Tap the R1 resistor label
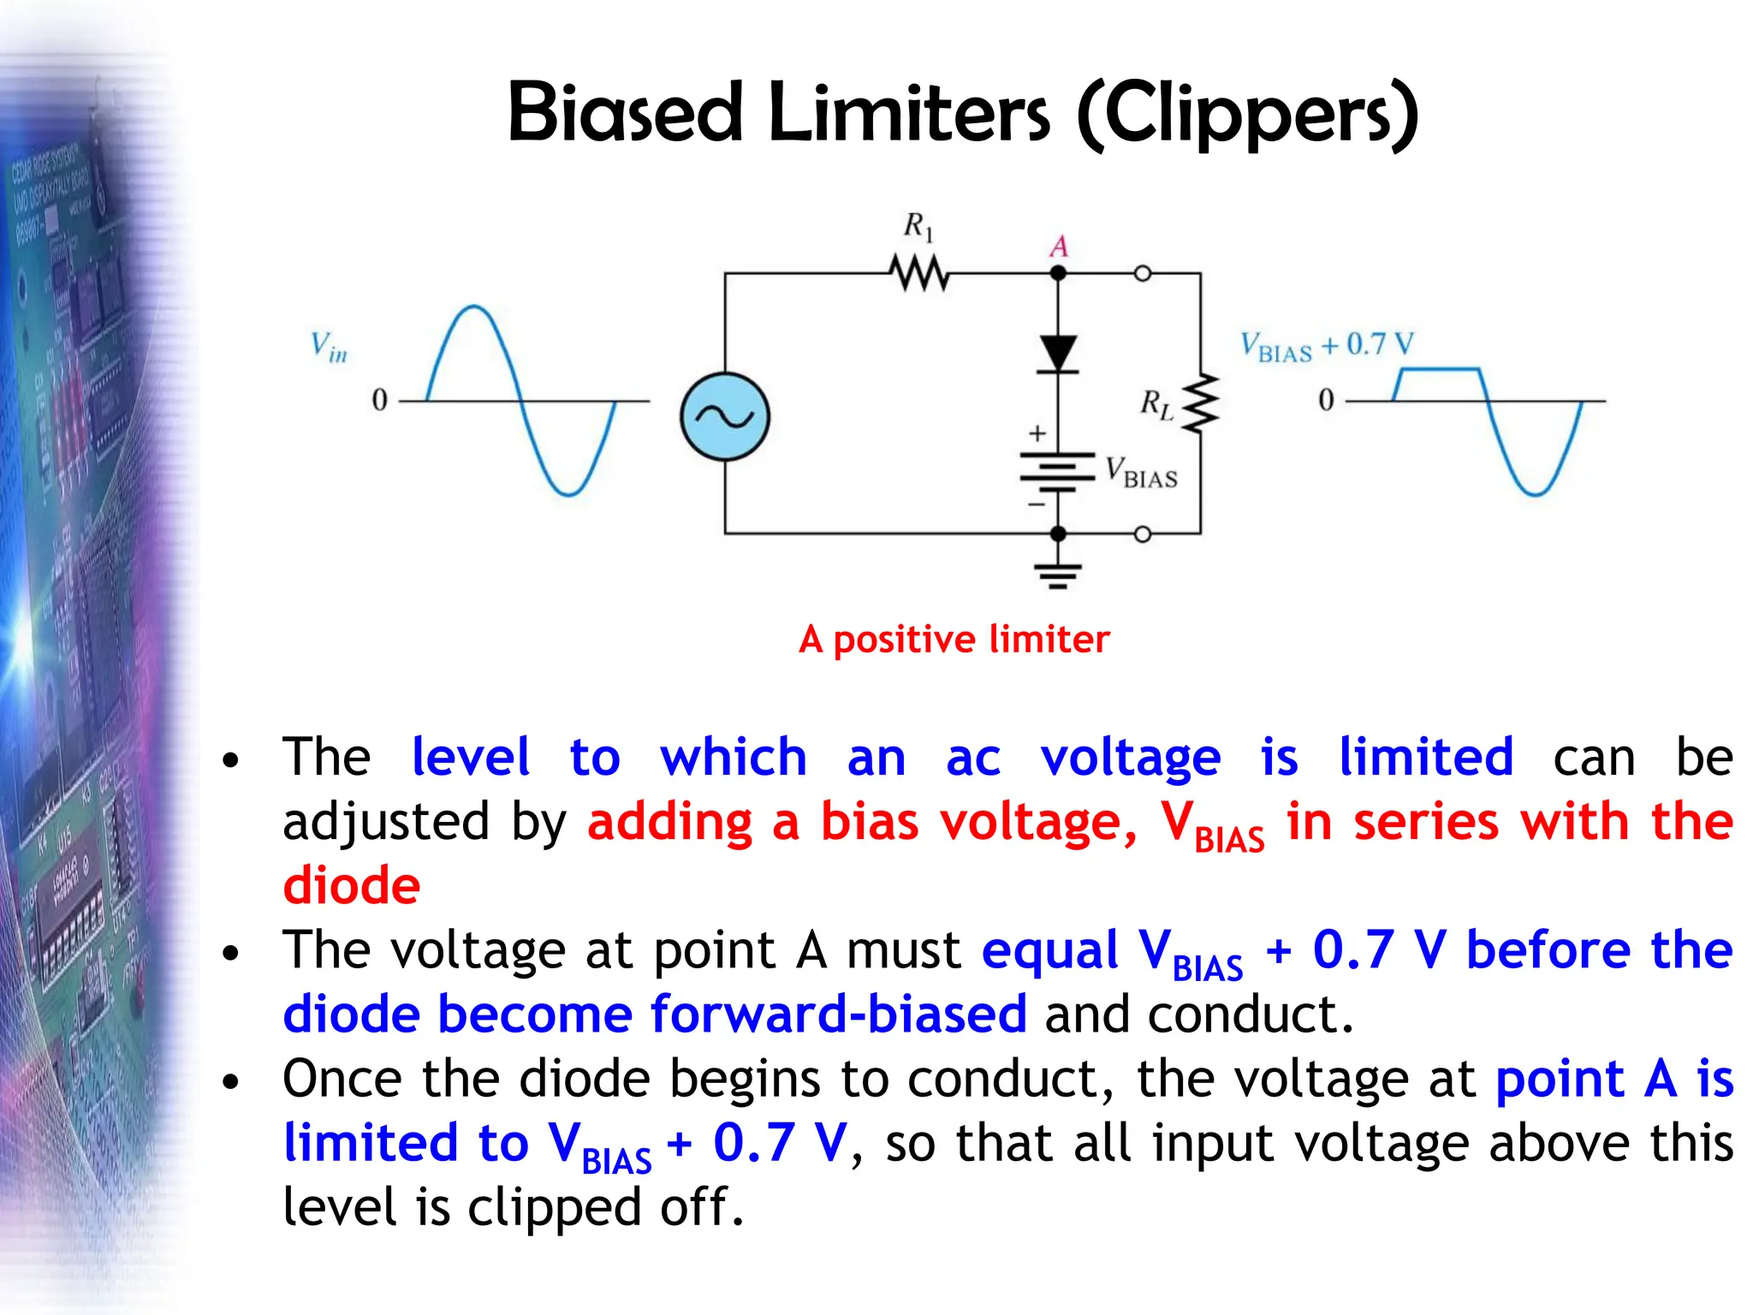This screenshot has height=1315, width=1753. pyautogui.click(x=918, y=227)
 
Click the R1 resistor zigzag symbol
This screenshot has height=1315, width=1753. pyautogui.click(x=919, y=274)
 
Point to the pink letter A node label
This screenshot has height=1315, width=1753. pyautogui.click(x=1059, y=247)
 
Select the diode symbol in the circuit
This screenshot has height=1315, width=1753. pyautogui.click(x=1058, y=353)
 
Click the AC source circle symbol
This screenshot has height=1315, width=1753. pyautogui.click(x=725, y=417)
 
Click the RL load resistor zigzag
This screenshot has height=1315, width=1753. pyautogui.click(x=1201, y=402)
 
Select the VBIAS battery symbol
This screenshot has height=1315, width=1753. pyautogui.click(x=1058, y=472)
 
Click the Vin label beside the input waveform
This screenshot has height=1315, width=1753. pyautogui.click(x=329, y=347)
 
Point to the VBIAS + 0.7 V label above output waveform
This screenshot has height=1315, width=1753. pyautogui.click(x=1327, y=345)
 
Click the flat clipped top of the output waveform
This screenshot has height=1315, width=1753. pyautogui.click(x=1440, y=370)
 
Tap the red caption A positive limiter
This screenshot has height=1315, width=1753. pyautogui.click(x=954, y=640)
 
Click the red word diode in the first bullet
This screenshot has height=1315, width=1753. pyautogui.click(x=352, y=885)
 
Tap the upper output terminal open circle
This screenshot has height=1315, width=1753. pyautogui.click(x=1143, y=274)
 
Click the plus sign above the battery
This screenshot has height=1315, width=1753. pyautogui.click(x=1037, y=433)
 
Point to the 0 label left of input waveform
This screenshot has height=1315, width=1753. pyautogui.click(x=379, y=400)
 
